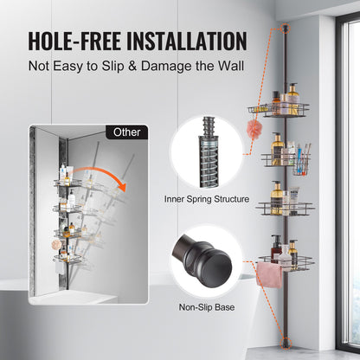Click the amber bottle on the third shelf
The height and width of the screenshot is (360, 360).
point(277,199)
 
